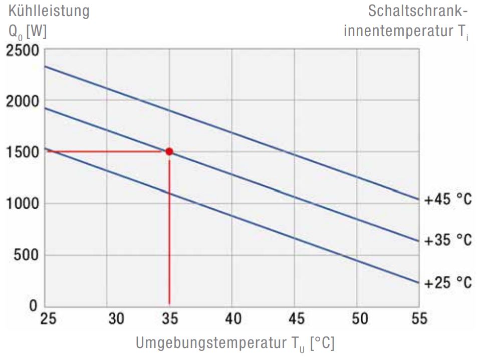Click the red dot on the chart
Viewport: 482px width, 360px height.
coord(169,151)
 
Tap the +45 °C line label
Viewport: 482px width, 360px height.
coord(448,200)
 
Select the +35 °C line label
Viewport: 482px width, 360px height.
coord(448,241)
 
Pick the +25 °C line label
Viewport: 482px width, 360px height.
coord(448,283)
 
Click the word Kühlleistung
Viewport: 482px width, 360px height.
coord(49,11)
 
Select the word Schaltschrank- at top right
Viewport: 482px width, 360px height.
coord(418,11)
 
